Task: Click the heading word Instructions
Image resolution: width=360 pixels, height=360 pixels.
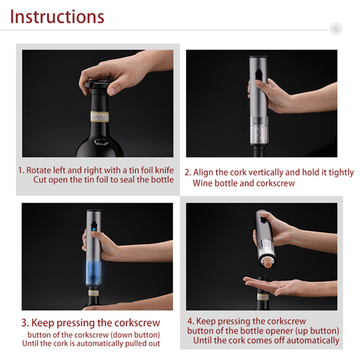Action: [57, 17]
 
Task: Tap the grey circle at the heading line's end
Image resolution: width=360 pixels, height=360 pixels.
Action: [336, 29]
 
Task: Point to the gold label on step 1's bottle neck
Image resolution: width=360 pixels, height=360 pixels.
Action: [99, 117]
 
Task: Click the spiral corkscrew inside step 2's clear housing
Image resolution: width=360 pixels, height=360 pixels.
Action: [259, 130]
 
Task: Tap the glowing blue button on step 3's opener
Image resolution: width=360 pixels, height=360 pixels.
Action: [94, 229]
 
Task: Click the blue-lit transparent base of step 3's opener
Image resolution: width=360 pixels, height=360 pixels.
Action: [94, 273]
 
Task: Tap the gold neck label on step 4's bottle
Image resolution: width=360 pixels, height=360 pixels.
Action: [263, 297]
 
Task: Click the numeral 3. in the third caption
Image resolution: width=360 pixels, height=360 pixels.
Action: [25, 323]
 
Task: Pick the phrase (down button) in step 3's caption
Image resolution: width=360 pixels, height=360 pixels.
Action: [135, 335]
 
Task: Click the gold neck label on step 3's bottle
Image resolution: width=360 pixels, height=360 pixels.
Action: [94, 293]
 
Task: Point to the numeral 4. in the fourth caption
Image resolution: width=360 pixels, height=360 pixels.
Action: [191, 321]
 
